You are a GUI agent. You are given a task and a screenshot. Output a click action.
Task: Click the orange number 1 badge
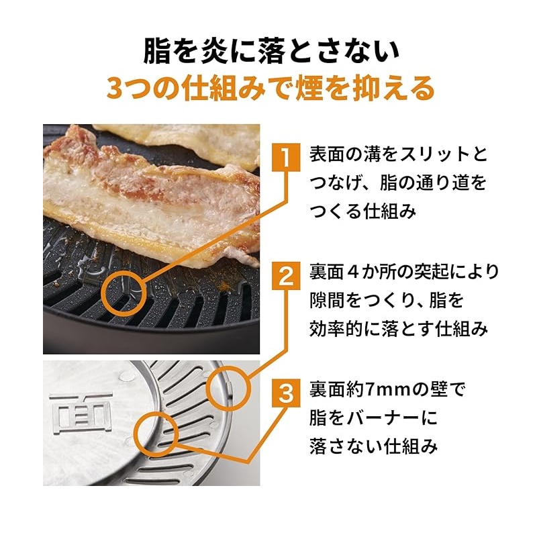(286, 157)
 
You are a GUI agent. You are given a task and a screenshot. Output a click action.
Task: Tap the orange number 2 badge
(286, 276)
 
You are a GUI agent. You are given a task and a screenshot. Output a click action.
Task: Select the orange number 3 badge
(286, 393)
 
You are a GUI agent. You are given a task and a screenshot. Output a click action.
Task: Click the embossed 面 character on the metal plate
(81, 413)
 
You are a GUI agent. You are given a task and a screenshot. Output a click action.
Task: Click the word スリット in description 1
(433, 154)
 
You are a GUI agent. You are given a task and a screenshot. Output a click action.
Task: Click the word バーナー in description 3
(382, 418)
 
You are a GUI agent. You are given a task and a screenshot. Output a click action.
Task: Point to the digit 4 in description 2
(351, 273)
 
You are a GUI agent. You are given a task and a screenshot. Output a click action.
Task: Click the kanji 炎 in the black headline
(214, 52)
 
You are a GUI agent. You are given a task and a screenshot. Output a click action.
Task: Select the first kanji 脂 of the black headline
(157, 52)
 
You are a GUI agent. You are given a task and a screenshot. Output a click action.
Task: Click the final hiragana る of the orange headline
(420, 89)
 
